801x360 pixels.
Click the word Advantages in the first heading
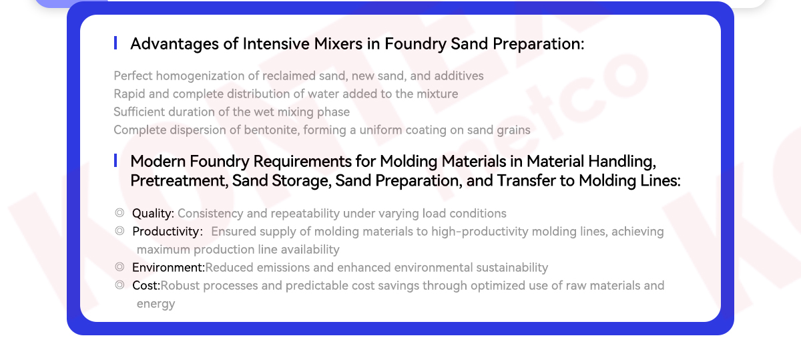(174, 44)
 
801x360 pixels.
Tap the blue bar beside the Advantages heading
(115, 43)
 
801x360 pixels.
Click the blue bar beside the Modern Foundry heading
(115, 160)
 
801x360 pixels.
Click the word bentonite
(272, 130)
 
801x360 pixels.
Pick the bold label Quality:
(153, 214)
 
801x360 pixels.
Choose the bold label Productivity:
(168, 232)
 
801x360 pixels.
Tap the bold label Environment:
(168, 268)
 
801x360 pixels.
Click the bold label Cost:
(146, 286)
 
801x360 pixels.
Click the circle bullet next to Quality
(119, 213)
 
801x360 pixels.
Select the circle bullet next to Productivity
(119, 231)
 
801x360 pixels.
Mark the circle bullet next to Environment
(119, 267)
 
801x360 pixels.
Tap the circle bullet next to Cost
(119, 285)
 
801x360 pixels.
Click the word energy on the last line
(156, 304)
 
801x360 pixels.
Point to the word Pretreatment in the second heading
(179, 181)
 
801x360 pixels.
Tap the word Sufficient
(140, 112)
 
